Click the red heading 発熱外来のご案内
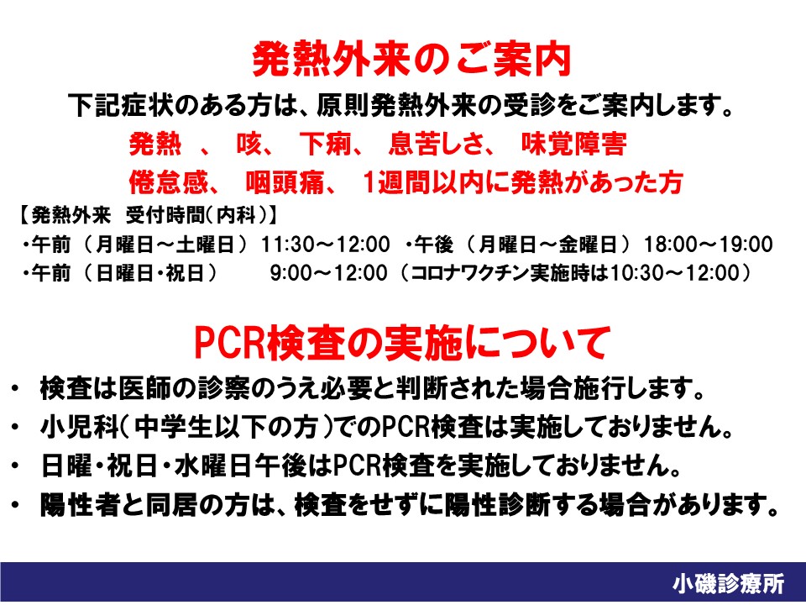411,60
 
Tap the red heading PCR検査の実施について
402,343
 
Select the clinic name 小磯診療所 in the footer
729,584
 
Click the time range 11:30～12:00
326,245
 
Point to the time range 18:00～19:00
709,245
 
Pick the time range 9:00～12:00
329,272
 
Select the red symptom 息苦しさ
436,144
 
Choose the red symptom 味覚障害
573,144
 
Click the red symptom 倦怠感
169,182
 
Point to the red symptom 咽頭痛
285,182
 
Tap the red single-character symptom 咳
249,144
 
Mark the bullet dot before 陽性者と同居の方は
15,505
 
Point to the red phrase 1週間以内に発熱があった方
523,182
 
